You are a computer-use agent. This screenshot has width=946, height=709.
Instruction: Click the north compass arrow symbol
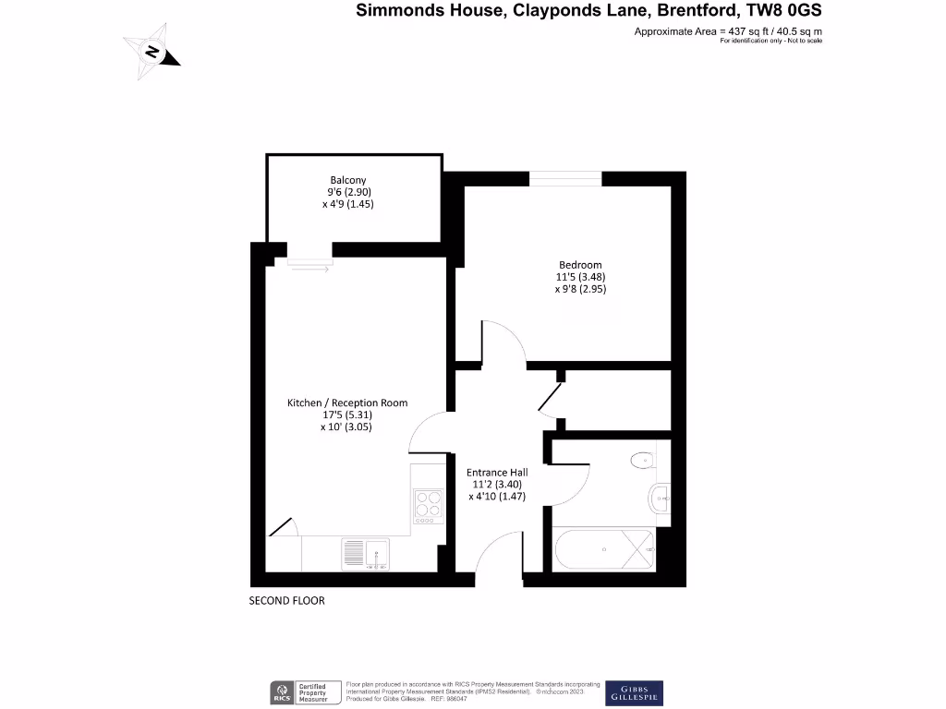coord(152,52)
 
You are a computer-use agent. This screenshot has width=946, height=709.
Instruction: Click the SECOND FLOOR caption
coord(287,601)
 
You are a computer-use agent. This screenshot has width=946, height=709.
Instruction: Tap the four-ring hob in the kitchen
coord(428,504)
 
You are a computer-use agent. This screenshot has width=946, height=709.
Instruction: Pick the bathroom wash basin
coord(661,497)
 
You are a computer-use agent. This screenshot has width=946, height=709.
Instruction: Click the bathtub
coord(604,550)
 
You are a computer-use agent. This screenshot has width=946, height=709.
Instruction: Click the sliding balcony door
coord(309,263)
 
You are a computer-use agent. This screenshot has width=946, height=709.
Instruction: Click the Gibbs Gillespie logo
coord(633,692)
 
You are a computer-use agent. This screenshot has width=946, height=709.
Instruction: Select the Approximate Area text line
coord(727,32)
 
